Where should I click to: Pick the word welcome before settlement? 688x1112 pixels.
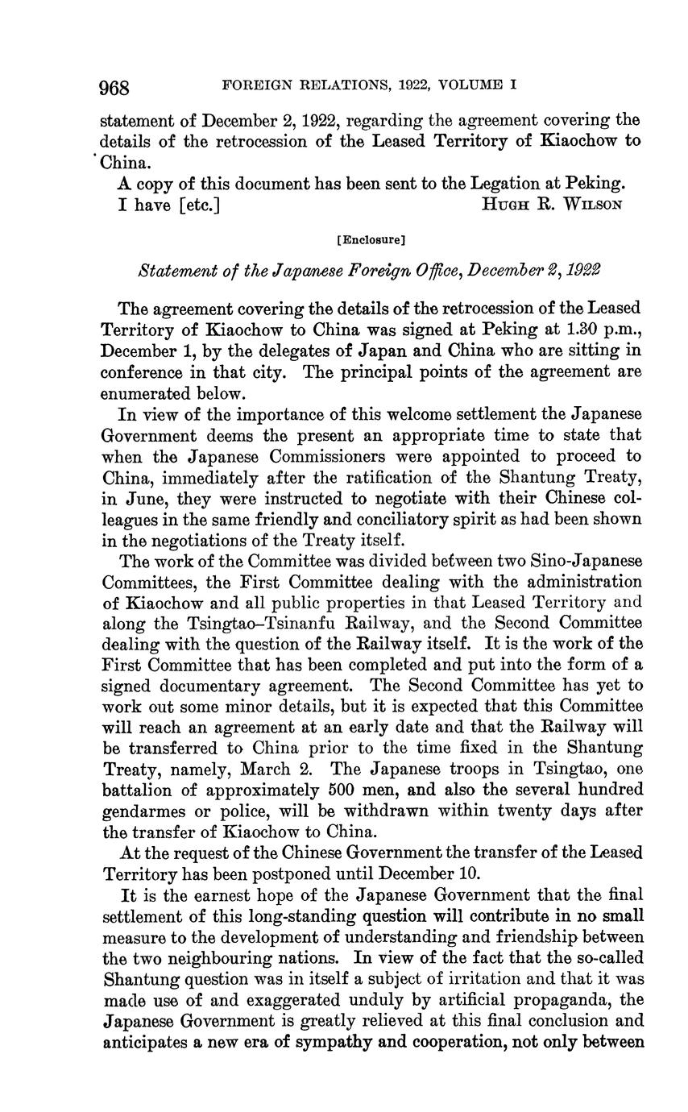(424, 414)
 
